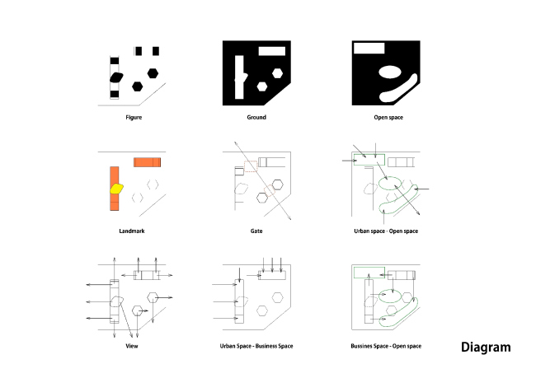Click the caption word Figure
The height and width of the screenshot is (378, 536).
point(134,118)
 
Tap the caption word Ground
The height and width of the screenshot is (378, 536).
point(256,118)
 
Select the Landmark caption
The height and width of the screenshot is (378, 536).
point(132,231)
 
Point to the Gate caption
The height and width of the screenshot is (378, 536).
point(256,231)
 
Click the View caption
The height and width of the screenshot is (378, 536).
point(132,346)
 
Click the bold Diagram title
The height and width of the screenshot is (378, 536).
point(485,348)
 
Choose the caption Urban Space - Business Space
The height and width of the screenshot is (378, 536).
point(256,346)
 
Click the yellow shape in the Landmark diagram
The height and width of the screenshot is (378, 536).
point(116,189)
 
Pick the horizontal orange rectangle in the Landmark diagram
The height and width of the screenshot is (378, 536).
point(147,161)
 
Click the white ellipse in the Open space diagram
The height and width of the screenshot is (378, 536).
point(389,72)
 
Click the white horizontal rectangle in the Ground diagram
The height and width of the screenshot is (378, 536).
point(271,51)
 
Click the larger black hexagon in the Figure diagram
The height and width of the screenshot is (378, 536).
point(153,72)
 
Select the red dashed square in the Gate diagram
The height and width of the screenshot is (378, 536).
point(251,167)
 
